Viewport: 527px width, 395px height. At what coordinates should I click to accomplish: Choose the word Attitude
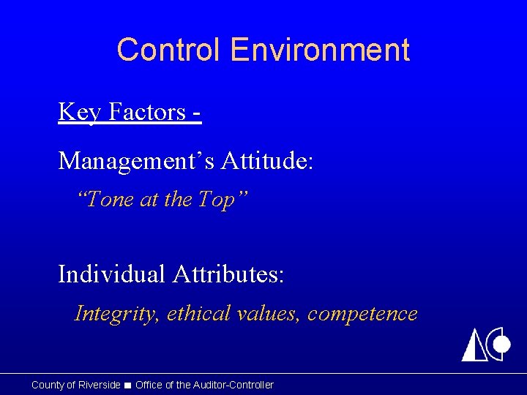coord(267,159)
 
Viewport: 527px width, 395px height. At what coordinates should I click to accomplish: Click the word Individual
coord(111,274)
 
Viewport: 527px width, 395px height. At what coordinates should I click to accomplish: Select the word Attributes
coord(228,274)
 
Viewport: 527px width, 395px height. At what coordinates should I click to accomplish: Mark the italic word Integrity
coord(117,314)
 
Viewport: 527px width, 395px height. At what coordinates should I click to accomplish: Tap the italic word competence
coord(362,313)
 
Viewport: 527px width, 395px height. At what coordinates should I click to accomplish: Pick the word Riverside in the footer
coord(98,385)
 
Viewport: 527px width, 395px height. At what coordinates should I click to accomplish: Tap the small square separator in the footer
coord(128,385)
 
